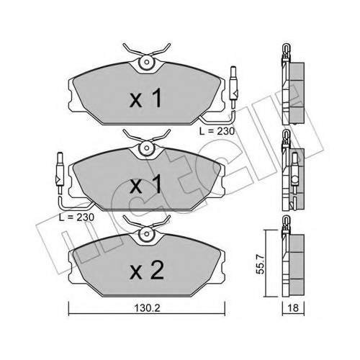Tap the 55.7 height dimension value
click(x=261, y=264)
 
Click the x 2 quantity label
click(x=147, y=271)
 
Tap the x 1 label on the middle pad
click(x=145, y=184)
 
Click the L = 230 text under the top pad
click(x=217, y=131)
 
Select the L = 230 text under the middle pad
click(x=76, y=217)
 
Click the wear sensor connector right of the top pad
click(x=233, y=88)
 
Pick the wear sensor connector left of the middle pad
click(x=59, y=174)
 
